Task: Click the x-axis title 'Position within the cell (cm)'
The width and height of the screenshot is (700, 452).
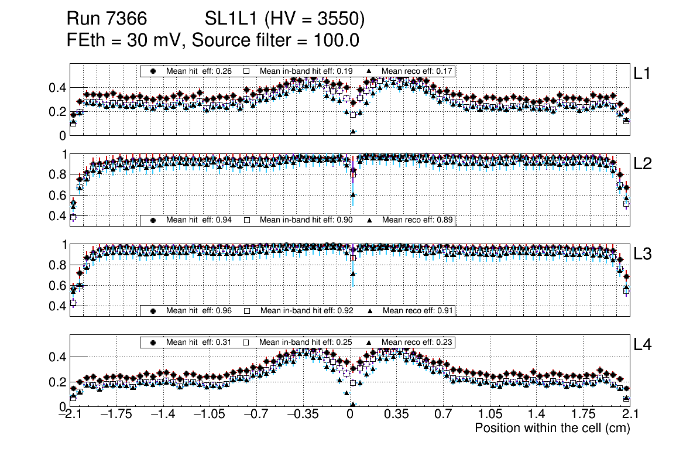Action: (552, 428)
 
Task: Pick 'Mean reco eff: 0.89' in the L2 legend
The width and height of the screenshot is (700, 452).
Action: (417, 220)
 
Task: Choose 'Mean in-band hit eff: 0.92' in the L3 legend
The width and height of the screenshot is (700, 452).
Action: (306, 310)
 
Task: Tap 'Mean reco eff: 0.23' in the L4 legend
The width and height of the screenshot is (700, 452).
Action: (417, 342)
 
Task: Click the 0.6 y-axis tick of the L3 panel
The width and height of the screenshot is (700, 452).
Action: (57, 285)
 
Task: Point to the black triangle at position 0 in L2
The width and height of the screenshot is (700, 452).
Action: (353, 194)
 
